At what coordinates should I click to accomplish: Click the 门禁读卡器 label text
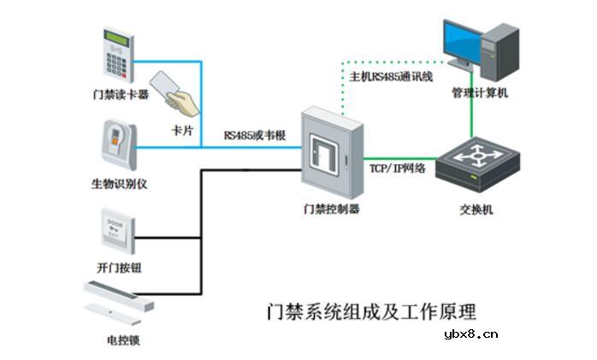(x=121, y=94)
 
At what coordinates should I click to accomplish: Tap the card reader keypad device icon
(x=120, y=55)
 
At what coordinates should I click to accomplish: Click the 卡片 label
(x=182, y=129)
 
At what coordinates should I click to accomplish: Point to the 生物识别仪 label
(x=120, y=184)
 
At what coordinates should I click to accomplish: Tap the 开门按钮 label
(x=120, y=268)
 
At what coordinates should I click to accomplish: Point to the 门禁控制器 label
(x=331, y=208)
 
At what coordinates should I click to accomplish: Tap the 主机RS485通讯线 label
(x=391, y=77)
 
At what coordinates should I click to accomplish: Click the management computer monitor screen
(x=464, y=40)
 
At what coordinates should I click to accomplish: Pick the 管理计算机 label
(x=480, y=92)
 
